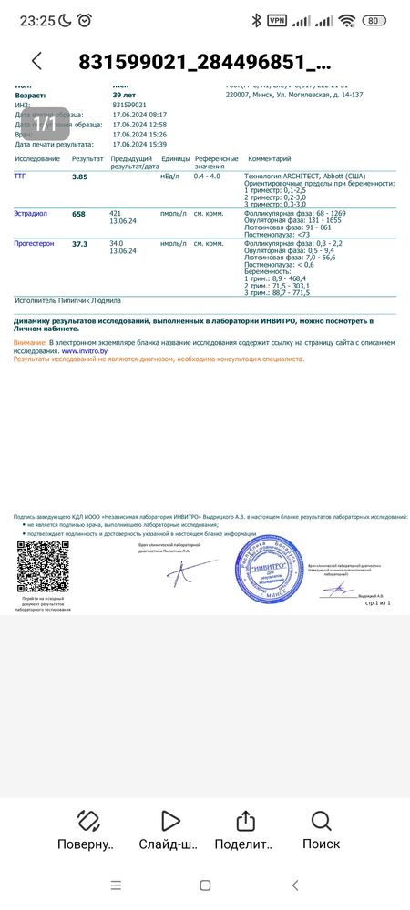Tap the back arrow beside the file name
(x=36, y=61)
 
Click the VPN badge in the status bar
(x=277, y=20)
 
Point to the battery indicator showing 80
(x=374, y=20)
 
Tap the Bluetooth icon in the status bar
(x=257, y=20)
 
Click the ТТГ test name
(x=20, y=177)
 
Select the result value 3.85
(x=79, y=177)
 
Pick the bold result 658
(x=78, y=214)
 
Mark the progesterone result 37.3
(x=80, y=244)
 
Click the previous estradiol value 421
(x=116, y=212)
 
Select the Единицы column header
(x=173, y=158)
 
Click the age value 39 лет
(x=124, y=95)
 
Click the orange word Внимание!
(x=30, y=342)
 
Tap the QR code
(x=44, y=567)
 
